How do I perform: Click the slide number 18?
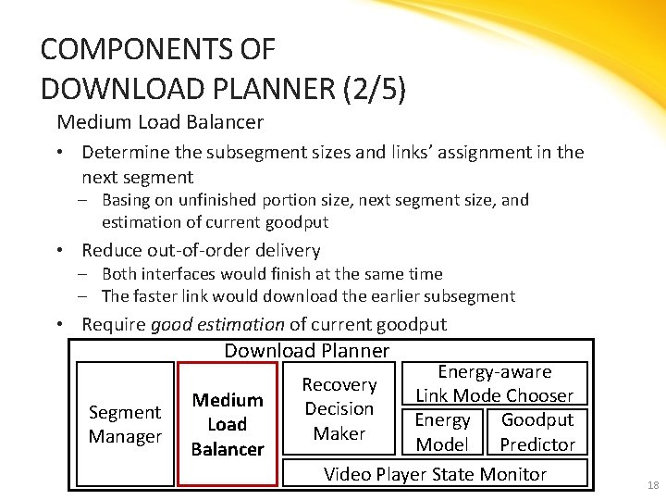(x=653, y=486)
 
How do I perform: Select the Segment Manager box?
(x=125, y=424)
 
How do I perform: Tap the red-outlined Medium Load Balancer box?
(x=228, y=424)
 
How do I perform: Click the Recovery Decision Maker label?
(x=339, y=408)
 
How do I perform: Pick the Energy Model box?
(x=442, y=431)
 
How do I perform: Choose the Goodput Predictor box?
(x=537, y=431)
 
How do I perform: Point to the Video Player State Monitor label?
(x=435, y=474)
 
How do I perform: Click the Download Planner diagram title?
(x=307, y=350)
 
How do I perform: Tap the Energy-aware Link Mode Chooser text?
(x=495, y=383)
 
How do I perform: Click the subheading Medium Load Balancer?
(x=160, y=121)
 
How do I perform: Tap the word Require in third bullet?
(x=113, y=324)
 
